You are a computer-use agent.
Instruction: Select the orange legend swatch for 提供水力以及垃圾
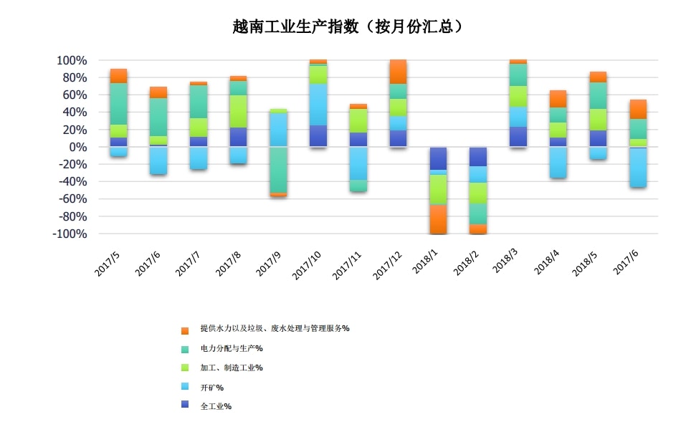tap(185, 330)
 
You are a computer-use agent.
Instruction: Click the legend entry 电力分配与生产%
tap(232, 348)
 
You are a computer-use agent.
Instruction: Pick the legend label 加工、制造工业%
tap(232, 368)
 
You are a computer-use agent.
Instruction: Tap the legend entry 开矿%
tap(212, 388)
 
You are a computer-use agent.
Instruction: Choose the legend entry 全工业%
tap(216, 406)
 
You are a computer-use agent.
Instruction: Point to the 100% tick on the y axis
tap(72, 60)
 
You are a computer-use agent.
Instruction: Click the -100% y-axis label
tap(70, 234)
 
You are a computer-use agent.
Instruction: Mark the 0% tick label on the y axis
tap(77, 147)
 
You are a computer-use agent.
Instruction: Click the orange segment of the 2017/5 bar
tap(119, 76)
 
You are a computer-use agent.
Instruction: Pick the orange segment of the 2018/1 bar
tap(438, 219)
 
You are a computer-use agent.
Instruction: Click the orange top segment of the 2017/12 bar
tap(398, 72)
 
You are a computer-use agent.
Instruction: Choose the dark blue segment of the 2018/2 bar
tap(477, 156)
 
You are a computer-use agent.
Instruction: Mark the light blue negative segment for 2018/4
tap(558, 162)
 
